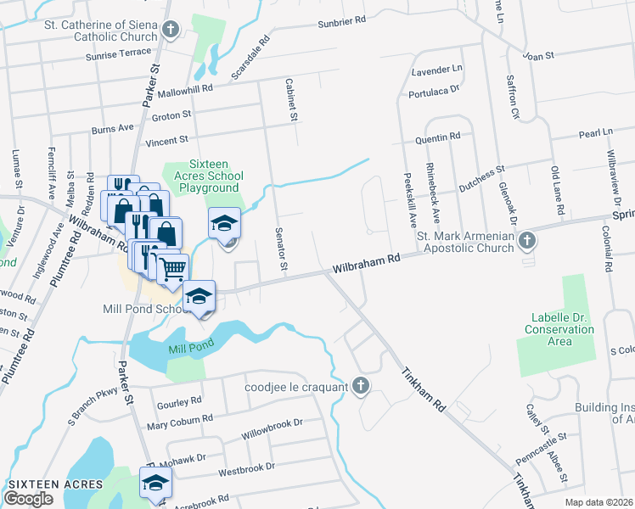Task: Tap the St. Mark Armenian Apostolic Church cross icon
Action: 526,241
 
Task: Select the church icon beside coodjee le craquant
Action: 360,387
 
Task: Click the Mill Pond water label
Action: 188,348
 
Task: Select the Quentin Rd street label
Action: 437,136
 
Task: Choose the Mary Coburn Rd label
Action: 180,421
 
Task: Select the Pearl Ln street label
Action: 595,133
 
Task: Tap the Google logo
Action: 28,498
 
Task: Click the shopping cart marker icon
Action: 173,268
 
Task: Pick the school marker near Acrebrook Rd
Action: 155,483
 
